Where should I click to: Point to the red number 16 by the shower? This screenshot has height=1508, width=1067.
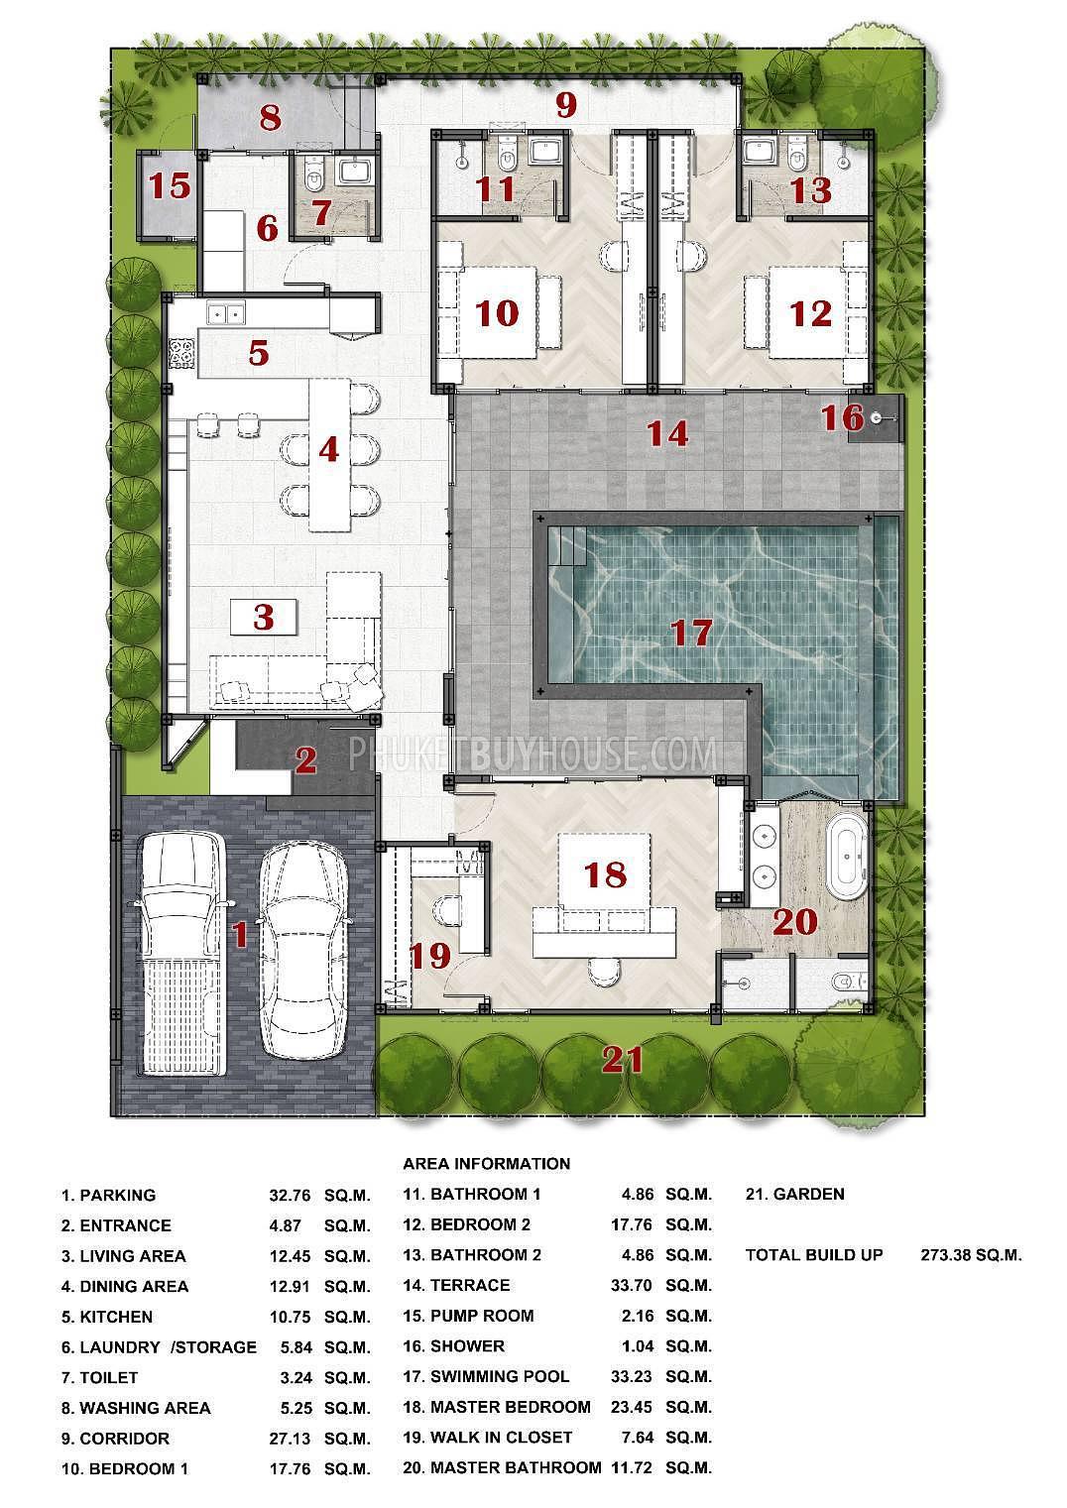[842, 417]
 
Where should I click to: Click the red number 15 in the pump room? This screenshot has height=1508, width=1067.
[170, 185]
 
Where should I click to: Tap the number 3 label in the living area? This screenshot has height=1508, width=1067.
[263, 618]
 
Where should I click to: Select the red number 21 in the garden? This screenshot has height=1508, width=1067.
[624, 1061]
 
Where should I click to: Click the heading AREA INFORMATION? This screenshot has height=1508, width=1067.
[486, 1163]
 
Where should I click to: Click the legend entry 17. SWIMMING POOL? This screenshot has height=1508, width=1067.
[500, 1376]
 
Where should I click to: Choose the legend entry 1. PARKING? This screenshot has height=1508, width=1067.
[108, 1195]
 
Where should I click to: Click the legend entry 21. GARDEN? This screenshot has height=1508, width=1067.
[794, 1194]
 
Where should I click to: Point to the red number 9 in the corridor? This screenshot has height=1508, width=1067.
[565, 105]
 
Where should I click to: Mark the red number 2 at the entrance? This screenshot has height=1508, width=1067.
[305, 761]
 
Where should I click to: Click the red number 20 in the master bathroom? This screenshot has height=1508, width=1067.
[794, 922]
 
